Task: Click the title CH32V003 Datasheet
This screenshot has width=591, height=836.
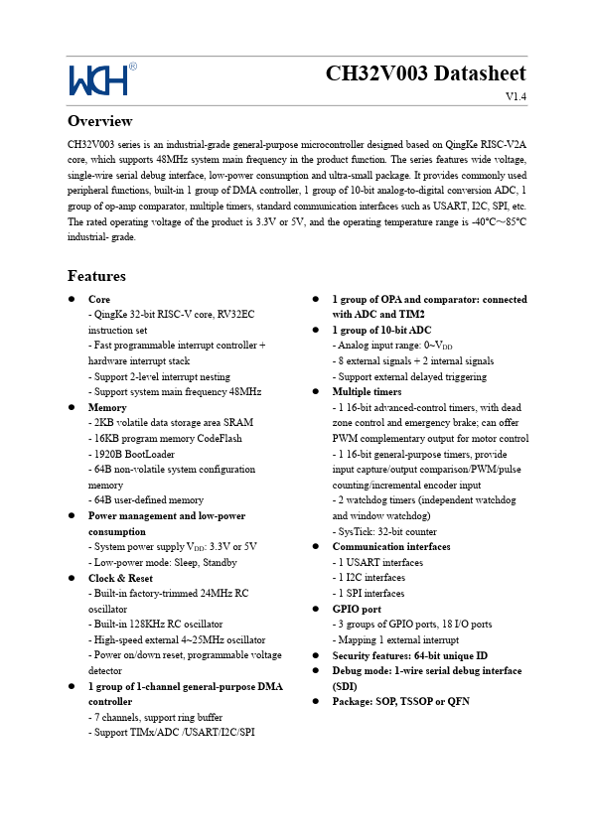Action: point(425,74)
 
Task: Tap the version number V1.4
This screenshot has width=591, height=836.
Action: point(515,96)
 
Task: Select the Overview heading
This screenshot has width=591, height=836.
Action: point(99,121)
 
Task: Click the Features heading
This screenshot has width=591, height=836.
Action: point(96,276)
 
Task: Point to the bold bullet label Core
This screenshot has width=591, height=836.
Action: point(99,299)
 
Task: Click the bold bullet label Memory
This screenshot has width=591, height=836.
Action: point(107,407)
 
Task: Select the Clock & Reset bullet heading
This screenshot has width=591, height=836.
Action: point(120,578)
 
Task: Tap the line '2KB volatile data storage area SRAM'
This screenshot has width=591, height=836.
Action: point(170,423)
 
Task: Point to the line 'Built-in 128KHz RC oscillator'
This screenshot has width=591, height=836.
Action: point(159,625)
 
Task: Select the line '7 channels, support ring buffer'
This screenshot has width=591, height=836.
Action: point(155,717)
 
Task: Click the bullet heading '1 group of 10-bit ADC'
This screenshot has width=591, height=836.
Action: point(381,330)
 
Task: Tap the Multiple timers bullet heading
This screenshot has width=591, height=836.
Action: point(367,392)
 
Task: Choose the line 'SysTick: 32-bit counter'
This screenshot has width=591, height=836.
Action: point(385,531)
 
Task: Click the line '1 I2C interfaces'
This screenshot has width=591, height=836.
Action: point(369,578)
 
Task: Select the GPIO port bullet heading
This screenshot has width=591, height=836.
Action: point(357,609)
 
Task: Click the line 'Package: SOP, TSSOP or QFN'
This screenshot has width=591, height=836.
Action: point(400,701)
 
